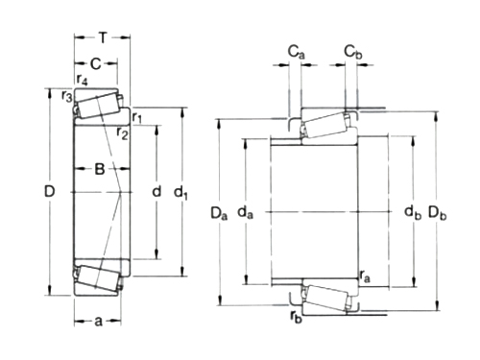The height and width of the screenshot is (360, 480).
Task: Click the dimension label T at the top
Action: coord(103,38)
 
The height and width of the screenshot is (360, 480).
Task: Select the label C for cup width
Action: coord(96,64)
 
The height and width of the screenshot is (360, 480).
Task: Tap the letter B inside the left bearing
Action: coord(100,169)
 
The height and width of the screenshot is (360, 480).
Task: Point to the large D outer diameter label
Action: coord(50,191)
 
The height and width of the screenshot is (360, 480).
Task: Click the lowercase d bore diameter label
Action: coord(156,191)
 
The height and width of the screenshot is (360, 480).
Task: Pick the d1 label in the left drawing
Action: coord(180,193)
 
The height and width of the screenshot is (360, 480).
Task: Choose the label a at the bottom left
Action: coord(98,321)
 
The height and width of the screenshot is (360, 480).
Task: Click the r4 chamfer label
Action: coord(82,80)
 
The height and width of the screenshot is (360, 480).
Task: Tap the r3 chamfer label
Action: coord(67,96)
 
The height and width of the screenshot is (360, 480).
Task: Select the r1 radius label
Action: coord(137,117)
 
